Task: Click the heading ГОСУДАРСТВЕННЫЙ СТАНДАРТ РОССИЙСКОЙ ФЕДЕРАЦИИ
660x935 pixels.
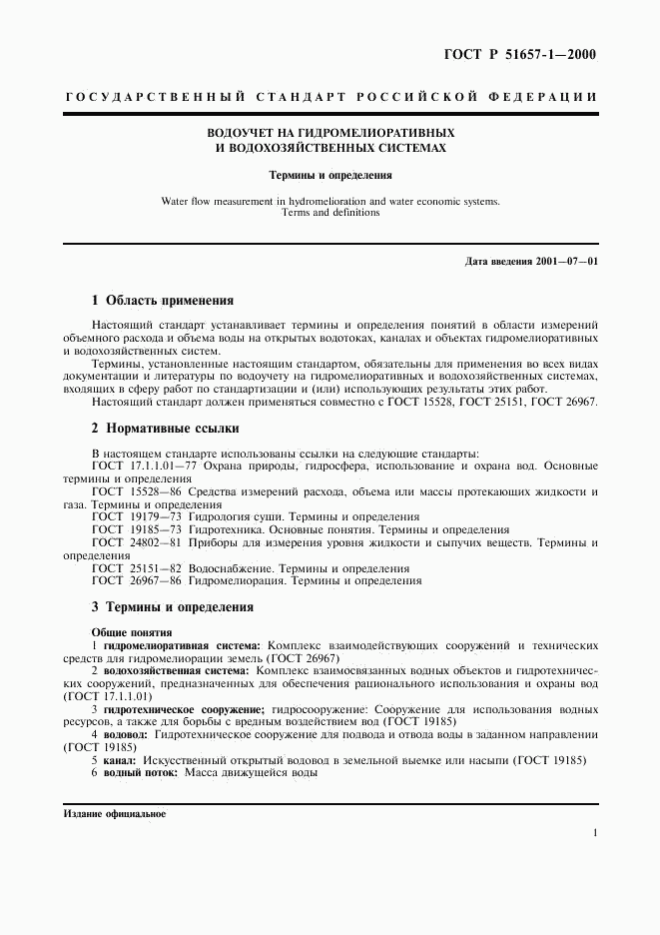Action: pos(330,97)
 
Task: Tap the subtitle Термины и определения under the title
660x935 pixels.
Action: pos(330,175)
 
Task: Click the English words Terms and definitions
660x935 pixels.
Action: pos(330,213)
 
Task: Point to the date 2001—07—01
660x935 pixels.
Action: pos(565,262)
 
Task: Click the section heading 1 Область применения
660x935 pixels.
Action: pos(163,300)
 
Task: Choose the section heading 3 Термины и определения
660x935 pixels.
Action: pos(172,606)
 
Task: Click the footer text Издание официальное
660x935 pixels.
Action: pos(114,813)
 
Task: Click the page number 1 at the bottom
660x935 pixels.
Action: pos(594,832)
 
